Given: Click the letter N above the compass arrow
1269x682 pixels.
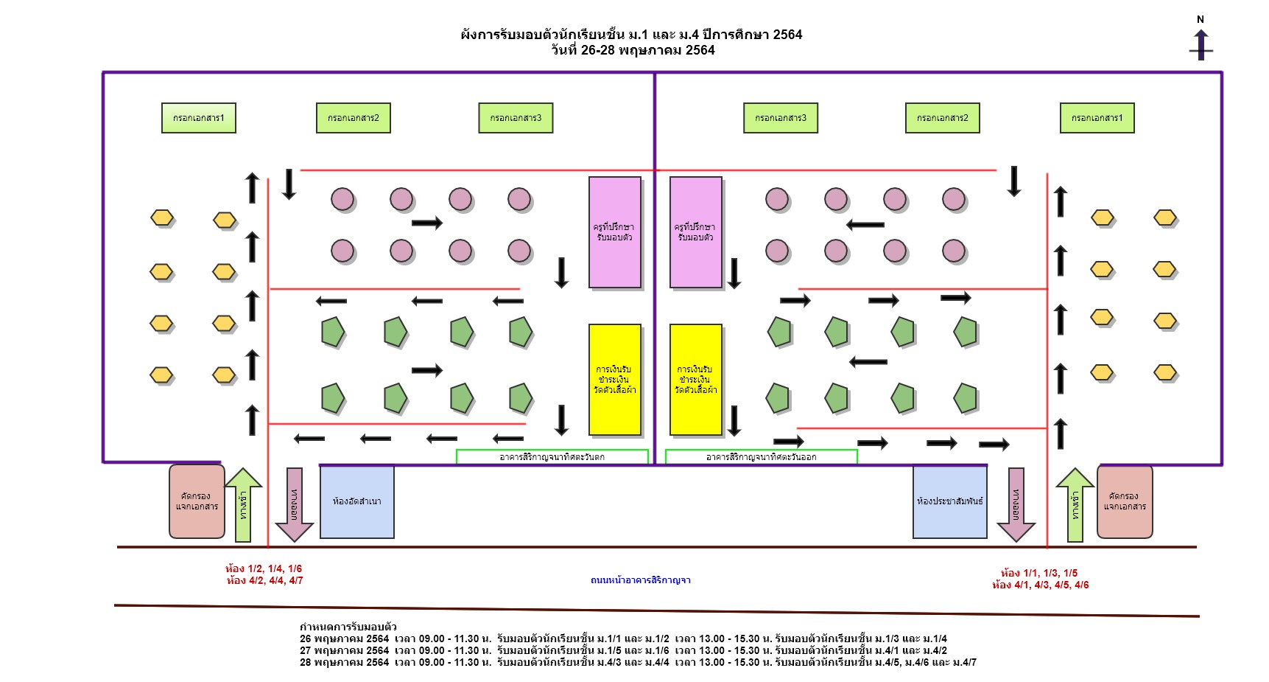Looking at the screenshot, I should point(1201,19).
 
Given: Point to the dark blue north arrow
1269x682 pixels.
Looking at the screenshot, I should point(1201,45).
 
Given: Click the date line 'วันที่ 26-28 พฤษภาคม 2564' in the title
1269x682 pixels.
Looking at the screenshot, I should point(633,50).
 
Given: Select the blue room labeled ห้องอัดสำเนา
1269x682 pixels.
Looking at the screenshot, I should point(357,501).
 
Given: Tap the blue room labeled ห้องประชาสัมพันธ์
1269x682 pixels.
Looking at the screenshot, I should point(949,501).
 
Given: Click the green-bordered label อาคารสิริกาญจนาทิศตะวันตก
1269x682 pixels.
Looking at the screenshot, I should point(552,457).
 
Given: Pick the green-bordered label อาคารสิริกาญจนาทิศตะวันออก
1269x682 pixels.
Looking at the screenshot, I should point(761,457).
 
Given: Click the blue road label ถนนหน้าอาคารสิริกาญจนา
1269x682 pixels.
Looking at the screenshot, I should point(640,580).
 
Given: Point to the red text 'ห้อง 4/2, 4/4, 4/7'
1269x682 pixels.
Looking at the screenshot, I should point(265,581).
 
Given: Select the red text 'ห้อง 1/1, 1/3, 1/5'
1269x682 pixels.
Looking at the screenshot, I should point(1039,573).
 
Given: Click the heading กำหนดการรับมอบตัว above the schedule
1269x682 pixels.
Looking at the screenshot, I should point(348,627).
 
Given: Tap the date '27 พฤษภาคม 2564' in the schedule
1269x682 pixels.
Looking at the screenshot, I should point(344,650).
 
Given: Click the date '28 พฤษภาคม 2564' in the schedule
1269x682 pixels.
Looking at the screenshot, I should point(344,662).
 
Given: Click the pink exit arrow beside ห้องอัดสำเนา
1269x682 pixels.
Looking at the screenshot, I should point(294,504).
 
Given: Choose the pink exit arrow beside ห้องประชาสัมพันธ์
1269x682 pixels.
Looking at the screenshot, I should point(1016,504).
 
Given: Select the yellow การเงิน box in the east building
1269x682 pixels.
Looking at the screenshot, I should point(695,380).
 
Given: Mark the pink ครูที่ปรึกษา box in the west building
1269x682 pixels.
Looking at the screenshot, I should point(614,232).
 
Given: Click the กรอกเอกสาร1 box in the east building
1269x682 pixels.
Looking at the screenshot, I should point(1097,118).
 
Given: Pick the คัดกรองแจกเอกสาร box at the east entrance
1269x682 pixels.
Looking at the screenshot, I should point(1125,501).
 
